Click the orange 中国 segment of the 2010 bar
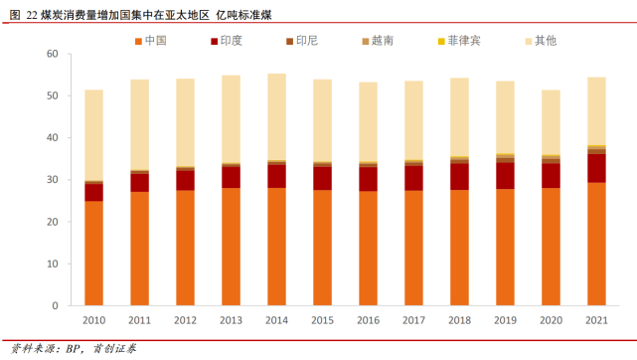tap(94, 254)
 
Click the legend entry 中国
tap(149, 41)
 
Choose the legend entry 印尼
tap(299, 41)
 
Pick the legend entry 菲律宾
tap(456, 41)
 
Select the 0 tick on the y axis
tap(56, 306)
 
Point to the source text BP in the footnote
tap(74, 349)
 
